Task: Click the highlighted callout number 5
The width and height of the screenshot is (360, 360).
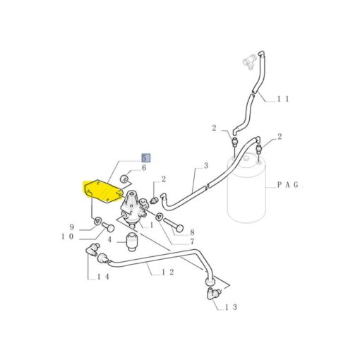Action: click(x=145, y=158)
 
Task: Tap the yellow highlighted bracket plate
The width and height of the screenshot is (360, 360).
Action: click(x=103, y=191)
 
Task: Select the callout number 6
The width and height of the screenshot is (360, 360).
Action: click(x=144, y=168)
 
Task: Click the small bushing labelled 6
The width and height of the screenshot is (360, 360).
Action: click(x=124, y=179)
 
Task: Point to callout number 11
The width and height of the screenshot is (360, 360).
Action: click(x=283, y=99)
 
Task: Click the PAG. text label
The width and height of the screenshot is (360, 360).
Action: click(x=289, y=185)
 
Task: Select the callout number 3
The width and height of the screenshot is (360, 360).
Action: click(x=206, y=166)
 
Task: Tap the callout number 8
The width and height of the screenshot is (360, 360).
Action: click(x=192, y=232)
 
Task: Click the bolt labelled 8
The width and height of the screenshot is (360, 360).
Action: click(x=174, y=224)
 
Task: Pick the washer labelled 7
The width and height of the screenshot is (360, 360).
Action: click(x=160, y=216)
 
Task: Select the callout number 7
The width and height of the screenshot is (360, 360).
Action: click(x=192, y=241)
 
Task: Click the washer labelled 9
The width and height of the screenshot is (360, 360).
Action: click(x=97, y=221)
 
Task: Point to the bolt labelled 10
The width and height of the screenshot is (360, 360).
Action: click(x=108, y=227)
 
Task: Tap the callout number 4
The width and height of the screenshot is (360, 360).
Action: click(x=109, y=240)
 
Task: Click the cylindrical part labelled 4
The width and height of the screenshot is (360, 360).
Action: click(x=132, y=242)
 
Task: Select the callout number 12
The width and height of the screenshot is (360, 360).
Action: click(x=168, y=272)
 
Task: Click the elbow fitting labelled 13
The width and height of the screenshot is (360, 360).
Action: click(x=214, y=293)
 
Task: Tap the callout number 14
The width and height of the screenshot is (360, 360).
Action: click(x=103, y=277)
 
